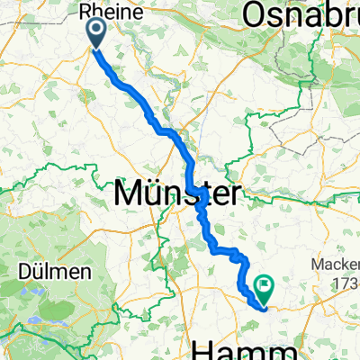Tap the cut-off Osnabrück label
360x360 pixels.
302,14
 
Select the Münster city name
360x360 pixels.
176,193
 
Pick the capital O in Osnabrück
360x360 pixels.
256,14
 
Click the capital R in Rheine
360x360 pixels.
86,13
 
